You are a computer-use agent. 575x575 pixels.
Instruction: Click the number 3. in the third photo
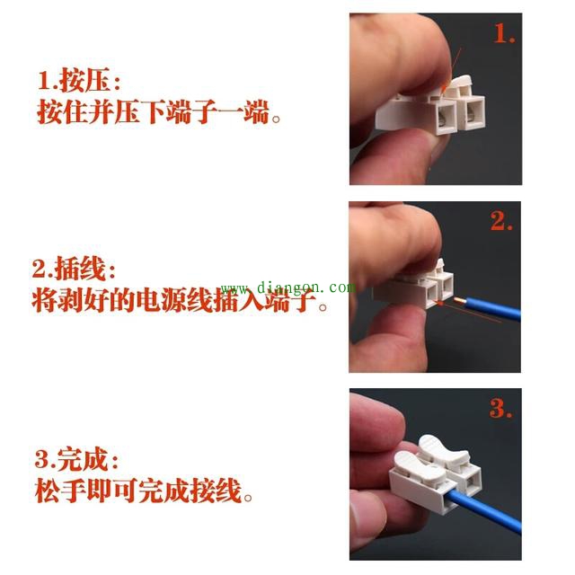pyautogui.click(x=501, y=408)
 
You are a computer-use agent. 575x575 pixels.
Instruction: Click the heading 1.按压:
pyautogui.click(x=79, y=82)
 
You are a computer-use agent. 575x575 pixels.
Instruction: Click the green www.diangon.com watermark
pyautogui.click(x=287, y=288)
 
